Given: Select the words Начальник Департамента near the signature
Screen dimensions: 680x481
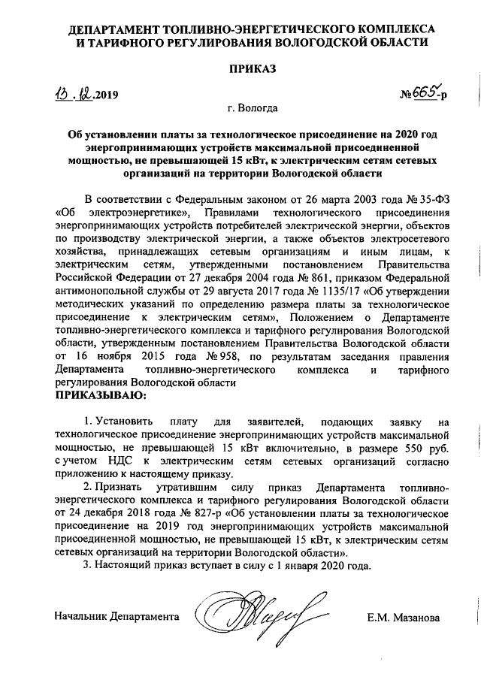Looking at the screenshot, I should [x=116, y=618].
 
